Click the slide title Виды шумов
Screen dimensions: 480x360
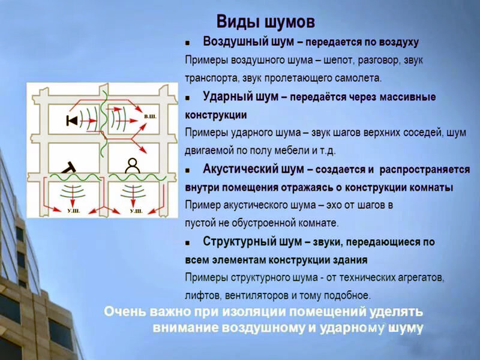[265, 22]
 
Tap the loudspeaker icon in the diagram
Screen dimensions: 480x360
[72, 121]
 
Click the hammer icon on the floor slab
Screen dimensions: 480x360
[70, 167]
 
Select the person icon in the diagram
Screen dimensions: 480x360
[133, 166]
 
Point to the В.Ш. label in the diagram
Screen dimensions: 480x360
[151, 116]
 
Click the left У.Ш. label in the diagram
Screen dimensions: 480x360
[73, 211]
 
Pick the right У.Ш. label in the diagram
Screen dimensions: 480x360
[136, 211]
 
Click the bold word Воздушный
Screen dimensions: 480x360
[236, 42]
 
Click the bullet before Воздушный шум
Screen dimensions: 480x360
[187, 43]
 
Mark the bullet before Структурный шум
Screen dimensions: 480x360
[187, 243]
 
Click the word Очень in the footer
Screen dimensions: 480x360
[125, 312]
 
